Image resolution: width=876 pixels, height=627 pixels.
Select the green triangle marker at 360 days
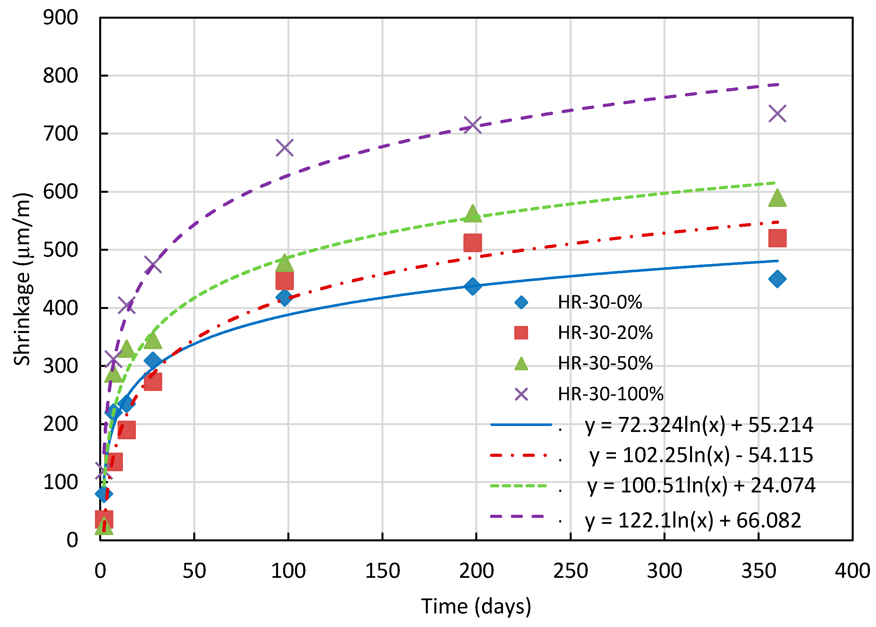click(777, 198)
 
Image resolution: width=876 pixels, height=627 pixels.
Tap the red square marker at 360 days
click(777, 238)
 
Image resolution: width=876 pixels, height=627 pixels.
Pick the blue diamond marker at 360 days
click(777, 279)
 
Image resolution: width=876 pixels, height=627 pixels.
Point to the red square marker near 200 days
click(473, 243)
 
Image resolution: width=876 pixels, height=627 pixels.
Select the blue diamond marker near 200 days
click(473, 286)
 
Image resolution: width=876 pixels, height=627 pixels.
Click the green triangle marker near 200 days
click(473, 213)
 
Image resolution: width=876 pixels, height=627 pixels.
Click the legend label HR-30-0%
click(600, 302)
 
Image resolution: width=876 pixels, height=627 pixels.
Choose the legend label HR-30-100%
click(610, 394)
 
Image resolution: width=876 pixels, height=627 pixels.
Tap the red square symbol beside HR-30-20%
click(521, 333)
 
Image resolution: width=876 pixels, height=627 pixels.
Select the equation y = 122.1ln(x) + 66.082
click(693, 520)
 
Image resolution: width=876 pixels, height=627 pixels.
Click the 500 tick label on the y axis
click(60, 250)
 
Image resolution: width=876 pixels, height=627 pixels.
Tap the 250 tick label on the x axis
click(570, 571)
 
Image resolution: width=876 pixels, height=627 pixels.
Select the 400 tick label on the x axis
click(852, 571)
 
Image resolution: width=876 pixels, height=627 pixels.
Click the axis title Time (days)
click(476, 606)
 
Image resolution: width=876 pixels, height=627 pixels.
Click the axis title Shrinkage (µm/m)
click(22, 279)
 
